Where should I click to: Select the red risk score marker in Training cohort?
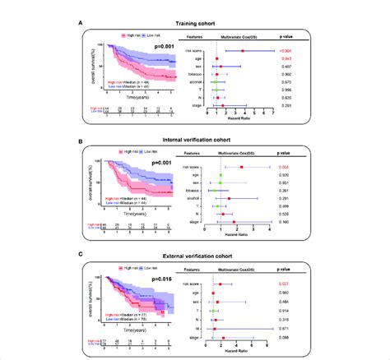pyautogui.click(x=243, y=51)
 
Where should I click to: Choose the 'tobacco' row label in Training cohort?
pyautogui.click(x=202, y=74)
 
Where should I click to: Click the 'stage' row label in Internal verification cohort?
pyautogui.click(x=202, y=222)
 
